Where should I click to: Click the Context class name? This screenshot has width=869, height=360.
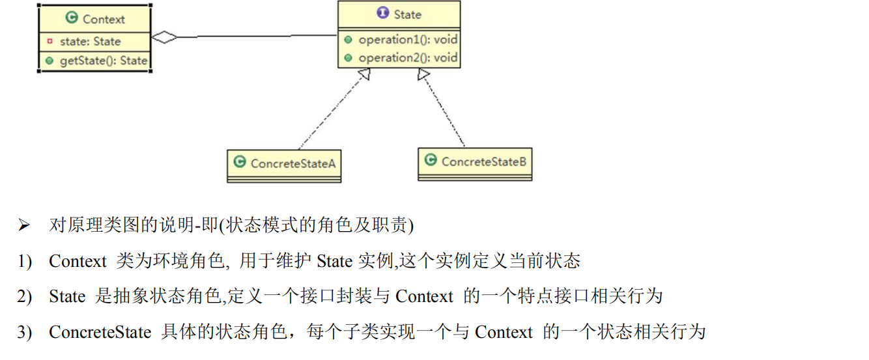coord(104,19)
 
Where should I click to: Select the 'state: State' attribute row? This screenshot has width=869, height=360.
coord(90,42)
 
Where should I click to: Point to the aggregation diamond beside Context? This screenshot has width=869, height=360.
coord(164,38)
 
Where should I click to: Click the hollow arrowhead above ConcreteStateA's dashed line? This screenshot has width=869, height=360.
coord(363,74)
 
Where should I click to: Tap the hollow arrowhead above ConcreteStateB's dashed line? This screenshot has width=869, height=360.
coord(423,74)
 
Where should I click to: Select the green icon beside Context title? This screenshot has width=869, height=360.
coord(72,18)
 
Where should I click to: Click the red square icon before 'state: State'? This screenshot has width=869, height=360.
coord(50,42)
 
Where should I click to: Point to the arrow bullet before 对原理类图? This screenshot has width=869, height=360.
coord(24,226)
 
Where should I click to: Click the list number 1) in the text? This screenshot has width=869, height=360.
coord(24,262)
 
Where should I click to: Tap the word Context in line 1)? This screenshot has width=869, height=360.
coord(77,262)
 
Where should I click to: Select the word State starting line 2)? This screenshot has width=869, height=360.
coord(66,297)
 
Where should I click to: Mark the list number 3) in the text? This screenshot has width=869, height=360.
coord(24,332)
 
